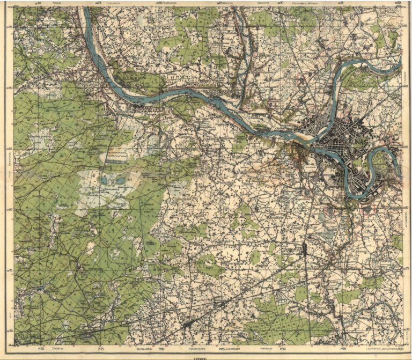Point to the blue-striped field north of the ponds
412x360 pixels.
point(117,156)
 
